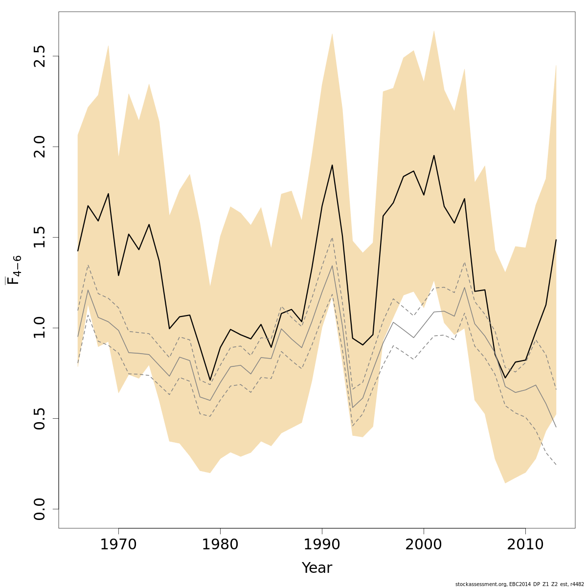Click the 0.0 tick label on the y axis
pyautogui.click(x=40, y=509)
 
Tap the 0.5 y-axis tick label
pyautogui.click(x=40, y=418)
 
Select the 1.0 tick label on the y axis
pyautogui.click(x=40, y=328)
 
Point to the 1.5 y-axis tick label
pyautogui.click(x=40, y=237)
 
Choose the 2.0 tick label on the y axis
pyautogui.click(x=40, y=147)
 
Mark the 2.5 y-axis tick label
pyautogui.click(x=40, y=56)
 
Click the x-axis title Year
pyautogui.click(x=316, y=568)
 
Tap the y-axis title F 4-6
pyautogui.click(x=14, y=270)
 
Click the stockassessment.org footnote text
pyautogui.click(x=519, y=584)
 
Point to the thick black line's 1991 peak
pyautogui.click(x=332, y=165)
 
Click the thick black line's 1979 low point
pyautogui.click(x=210, y=380)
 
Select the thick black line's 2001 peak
pyautogui.click(x=434, y=156)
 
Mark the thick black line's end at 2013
pyautogui.click(x=556, y=240)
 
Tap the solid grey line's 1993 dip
pyautogui.click(x=353, y=407)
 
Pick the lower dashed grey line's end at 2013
pyautogui.click(x=556, y=464)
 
